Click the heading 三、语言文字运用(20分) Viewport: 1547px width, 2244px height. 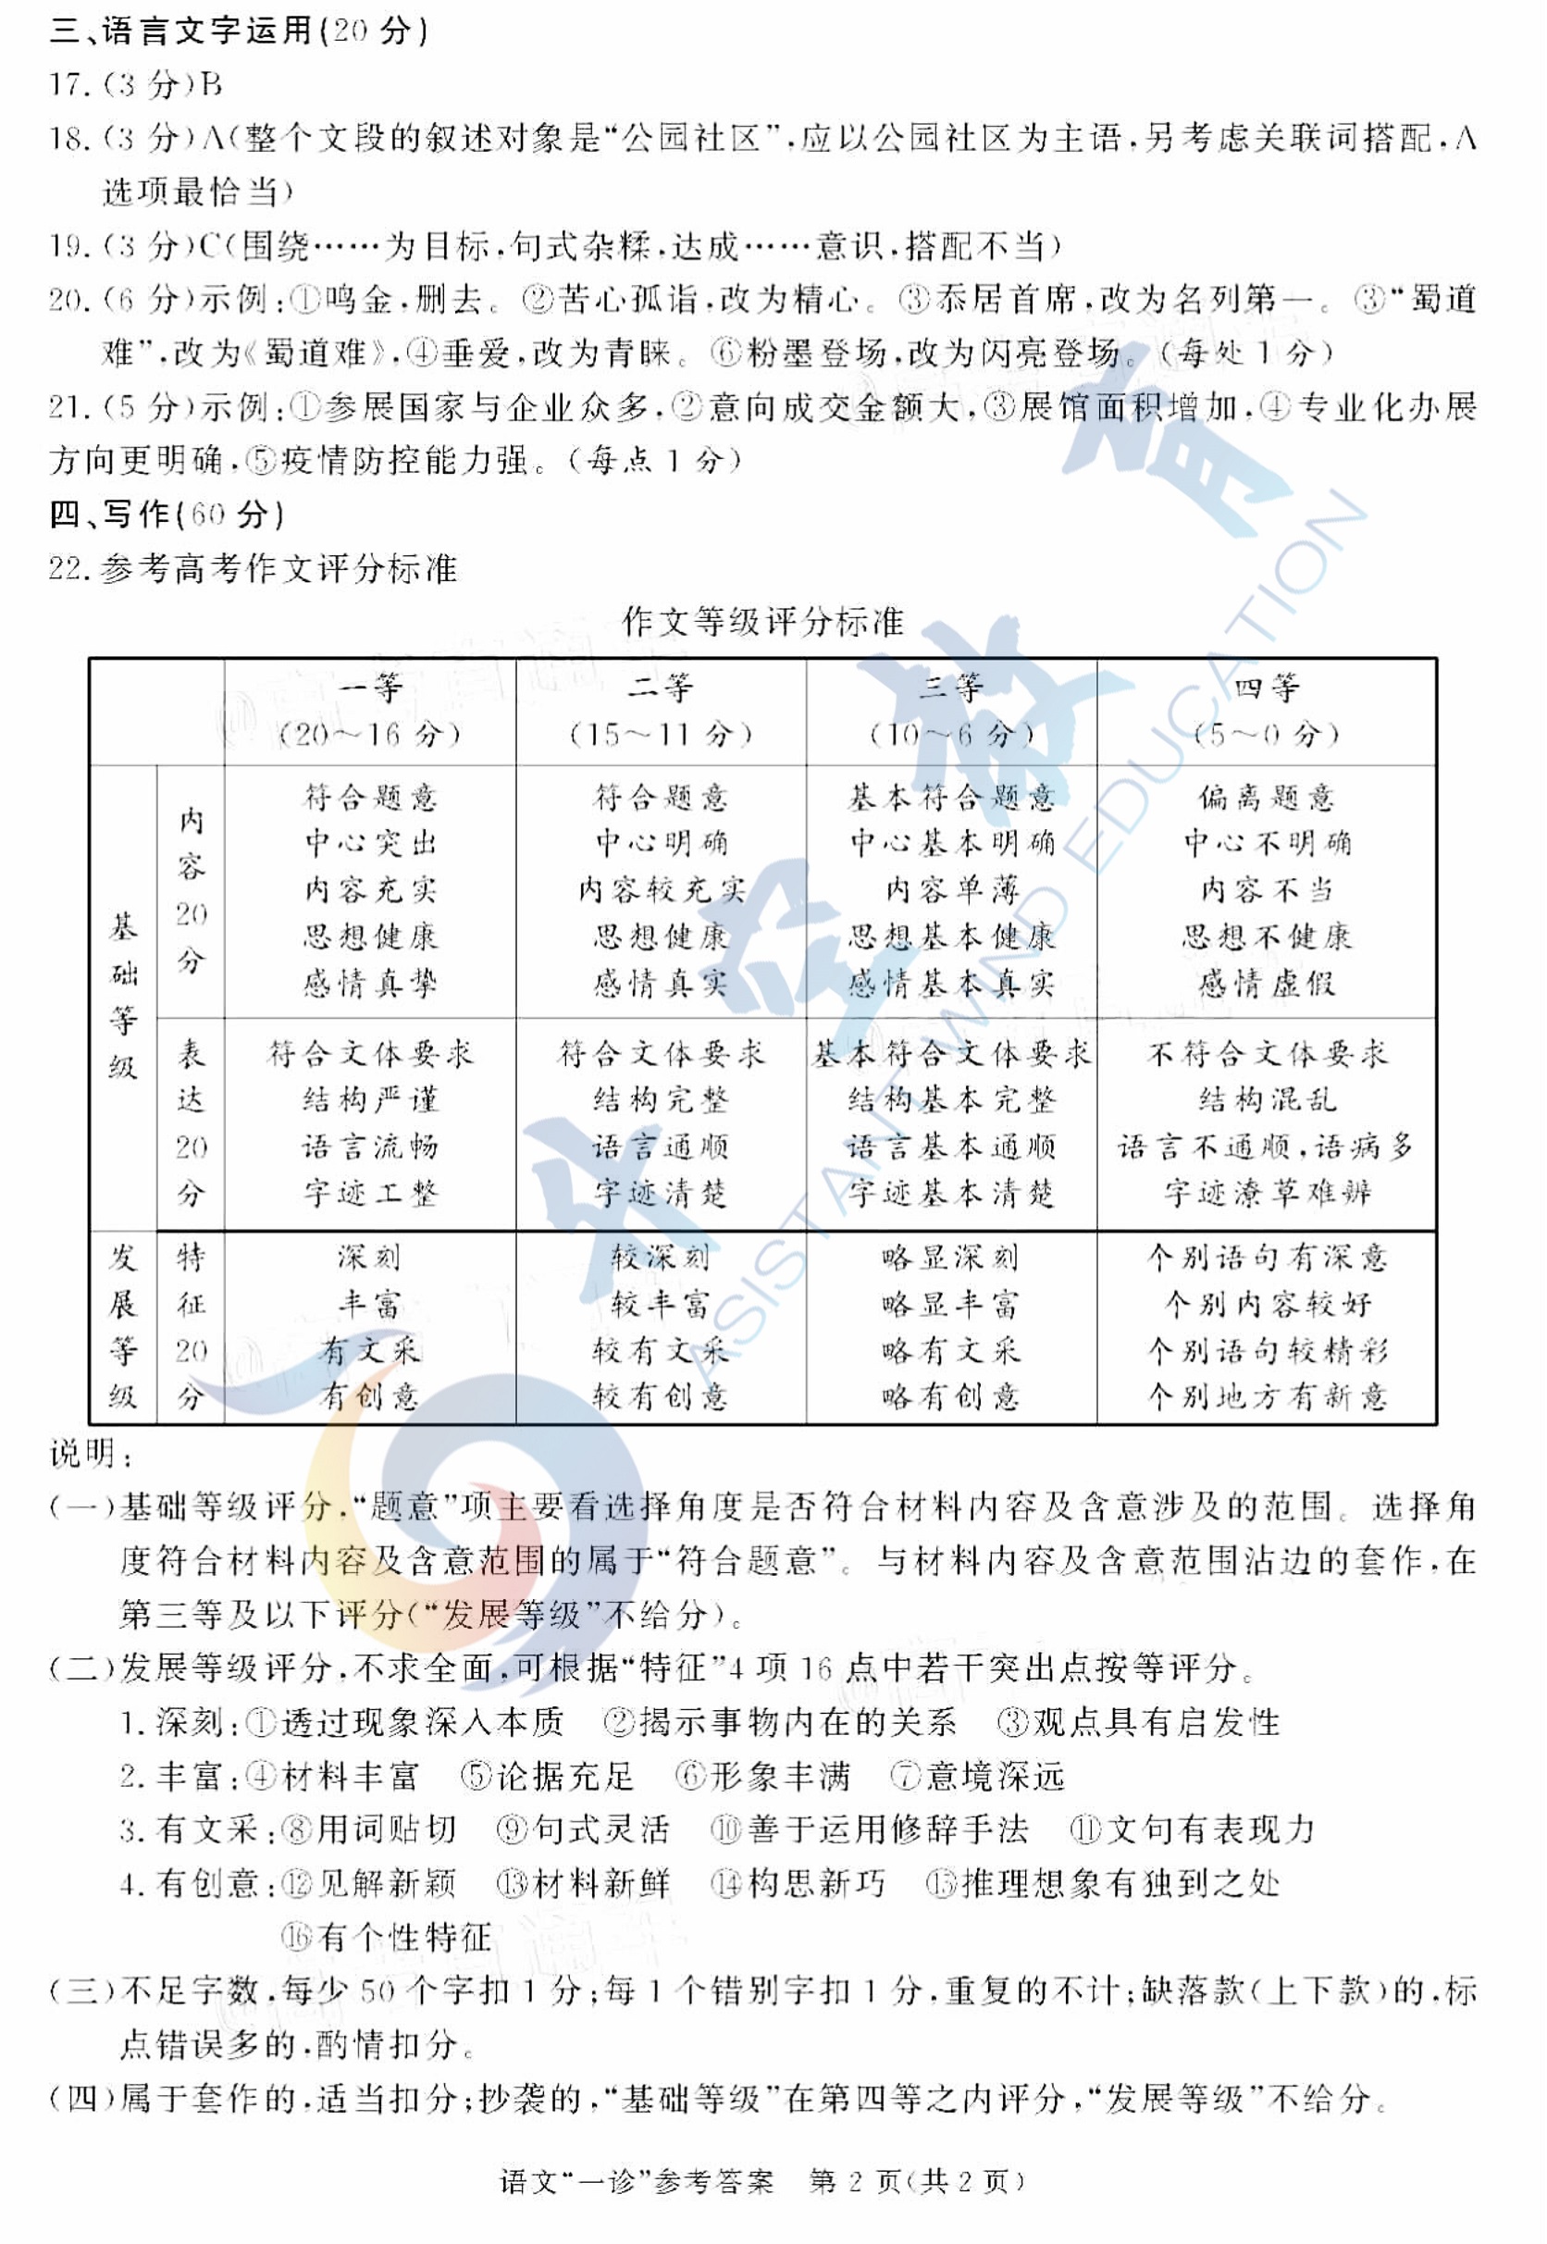click(x=239, y=31)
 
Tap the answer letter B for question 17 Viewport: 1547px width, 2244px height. click(x=212, y=85)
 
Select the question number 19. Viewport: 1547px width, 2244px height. click(x=67, y=246)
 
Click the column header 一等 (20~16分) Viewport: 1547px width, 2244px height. click(x=369, y=711)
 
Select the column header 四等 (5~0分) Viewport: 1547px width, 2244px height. click(x=1266, y=711)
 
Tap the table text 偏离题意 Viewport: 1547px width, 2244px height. click(x=1266, y=798)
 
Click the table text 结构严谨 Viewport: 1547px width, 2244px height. click(x=369, y=1099)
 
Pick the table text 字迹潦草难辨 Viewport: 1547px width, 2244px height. click(x=1266, y=1192)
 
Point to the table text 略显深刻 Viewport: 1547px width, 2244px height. click(x=950, y=1258)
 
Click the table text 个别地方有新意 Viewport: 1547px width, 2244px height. click(x=1266, y=1395)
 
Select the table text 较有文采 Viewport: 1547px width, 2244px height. click(x=660, y=1350)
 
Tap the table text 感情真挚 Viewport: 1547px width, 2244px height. click(x=369, y=984)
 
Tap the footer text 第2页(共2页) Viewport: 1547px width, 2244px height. click(x=916, y=2181)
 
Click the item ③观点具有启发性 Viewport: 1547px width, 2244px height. click(x=1139, y=1722)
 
